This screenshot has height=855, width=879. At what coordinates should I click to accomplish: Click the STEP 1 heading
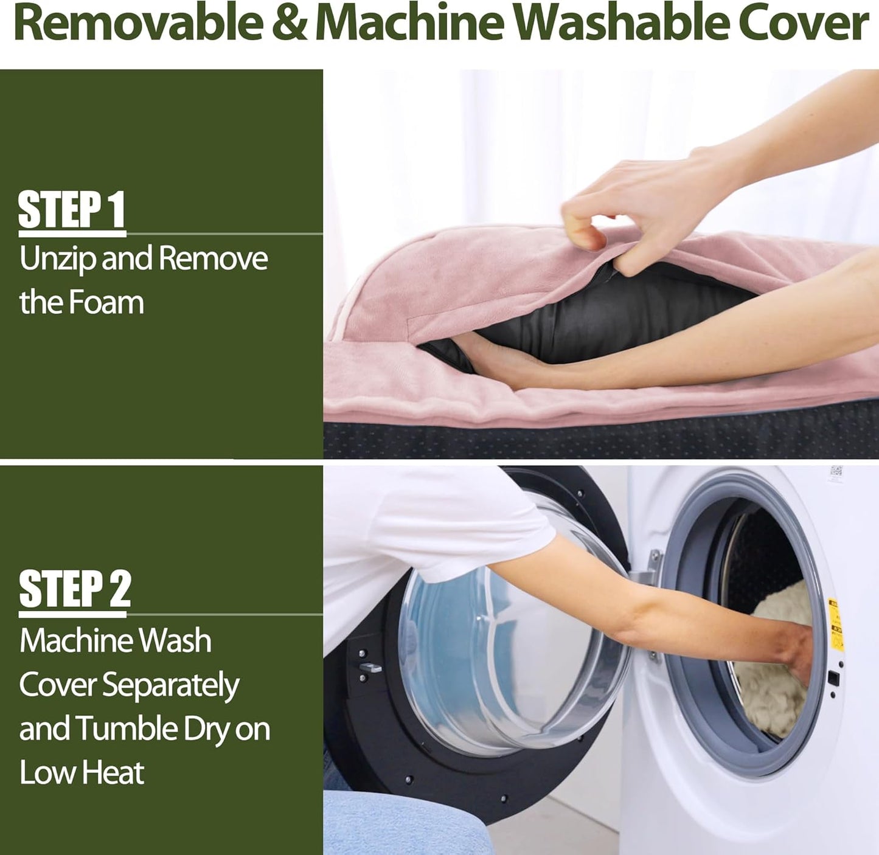(71, 210)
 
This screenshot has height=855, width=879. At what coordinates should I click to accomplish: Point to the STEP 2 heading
(75, 589)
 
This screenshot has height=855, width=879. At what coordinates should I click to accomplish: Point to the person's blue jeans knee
(397, 822)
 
